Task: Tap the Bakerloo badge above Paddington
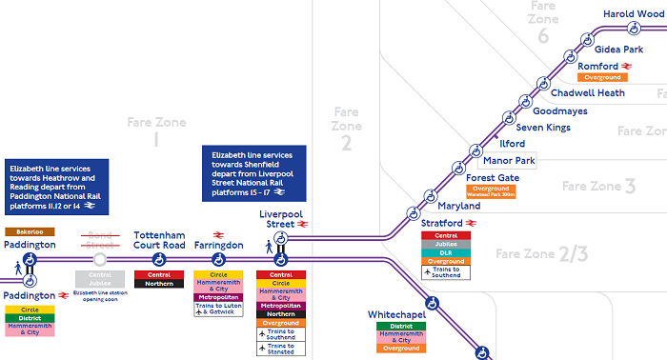pos(30,231)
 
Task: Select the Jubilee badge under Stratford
pos(446,244)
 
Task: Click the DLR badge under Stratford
pos(446,252)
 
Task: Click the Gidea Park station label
pos(619,49)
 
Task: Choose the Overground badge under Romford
pos(602,77)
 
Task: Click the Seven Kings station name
pos(542,127)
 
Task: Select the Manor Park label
pos(510,160)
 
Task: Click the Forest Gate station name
pos(493,177)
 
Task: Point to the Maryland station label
pos(459,206)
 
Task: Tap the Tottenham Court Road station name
pos(159,239)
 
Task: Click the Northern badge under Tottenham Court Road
pos(159,284)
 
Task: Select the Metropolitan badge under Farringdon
pos(218,297)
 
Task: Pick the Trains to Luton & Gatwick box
pos(218,309)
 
